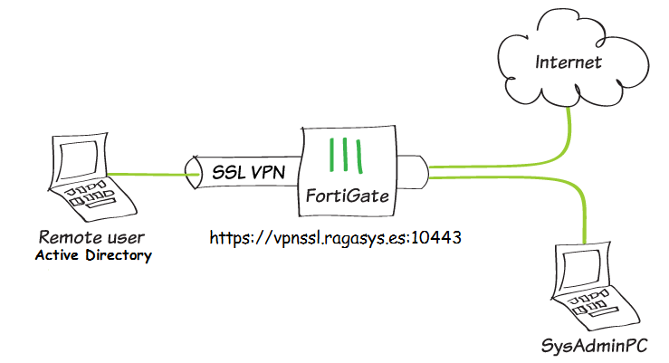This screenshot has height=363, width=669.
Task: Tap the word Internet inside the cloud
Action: tap(569, 62)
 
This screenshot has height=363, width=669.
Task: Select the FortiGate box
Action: tap(349, 171)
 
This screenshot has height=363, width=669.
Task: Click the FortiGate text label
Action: tap(349, 195)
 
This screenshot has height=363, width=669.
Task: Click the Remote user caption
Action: tap(91, 238)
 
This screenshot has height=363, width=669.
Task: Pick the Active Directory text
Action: tap(93, 256)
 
